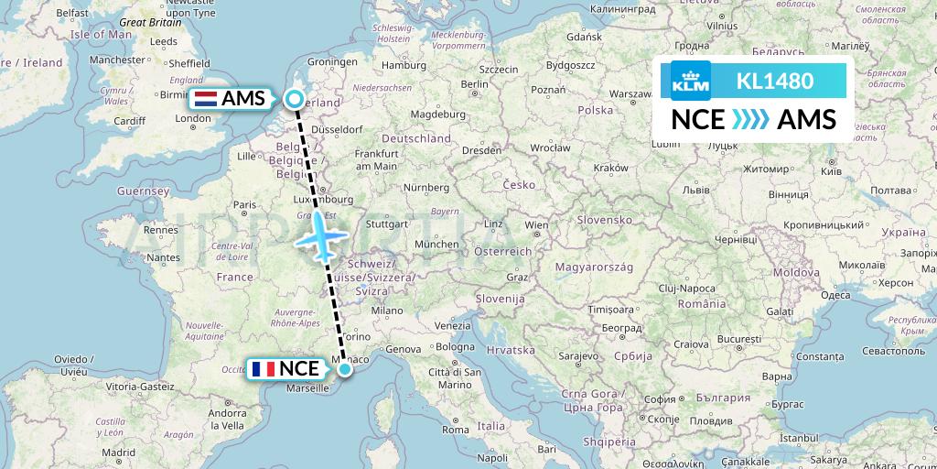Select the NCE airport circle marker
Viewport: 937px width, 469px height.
[344, 369]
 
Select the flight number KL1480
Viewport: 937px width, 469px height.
[774, 81]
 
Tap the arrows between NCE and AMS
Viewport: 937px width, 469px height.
[750, 120]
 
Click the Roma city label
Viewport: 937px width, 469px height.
[456, 429]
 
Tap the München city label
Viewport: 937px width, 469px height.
[436, 245]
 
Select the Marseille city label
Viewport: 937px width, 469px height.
[307, 388]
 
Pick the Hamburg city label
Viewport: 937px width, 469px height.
[405, 66]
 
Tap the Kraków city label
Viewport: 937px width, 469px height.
[609, 168]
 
